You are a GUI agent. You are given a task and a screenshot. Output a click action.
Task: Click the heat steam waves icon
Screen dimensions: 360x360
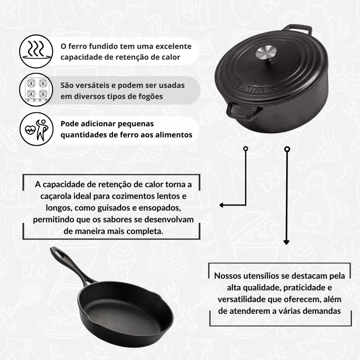tap(36, 51)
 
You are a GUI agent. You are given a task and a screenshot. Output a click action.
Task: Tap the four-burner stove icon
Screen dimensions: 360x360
tap(36, 90)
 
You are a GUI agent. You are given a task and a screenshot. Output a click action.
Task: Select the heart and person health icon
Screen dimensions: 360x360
tap(36, 129)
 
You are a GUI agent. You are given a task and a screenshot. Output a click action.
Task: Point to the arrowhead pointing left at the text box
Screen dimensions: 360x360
tap(221, 205)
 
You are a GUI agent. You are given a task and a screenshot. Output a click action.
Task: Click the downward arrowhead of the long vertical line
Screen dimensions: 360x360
tap(286, 242)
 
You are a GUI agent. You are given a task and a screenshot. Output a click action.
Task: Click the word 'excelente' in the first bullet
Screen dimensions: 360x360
tap(173, 46)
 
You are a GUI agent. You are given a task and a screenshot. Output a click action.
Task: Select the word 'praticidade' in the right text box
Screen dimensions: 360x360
tap(304, 288)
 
